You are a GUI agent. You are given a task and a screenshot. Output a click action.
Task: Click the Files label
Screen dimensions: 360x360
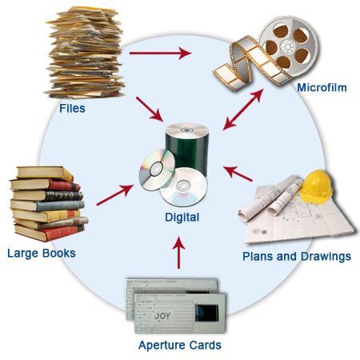[73, 107]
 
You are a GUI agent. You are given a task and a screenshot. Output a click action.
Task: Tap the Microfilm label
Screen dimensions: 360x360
[321, 87]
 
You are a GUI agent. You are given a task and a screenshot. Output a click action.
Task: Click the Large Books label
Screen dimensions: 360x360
[41, 254]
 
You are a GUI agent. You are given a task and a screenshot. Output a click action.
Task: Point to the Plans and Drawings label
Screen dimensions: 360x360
[296, 257]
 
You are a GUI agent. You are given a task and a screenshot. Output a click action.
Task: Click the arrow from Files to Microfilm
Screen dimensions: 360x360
[160, 54]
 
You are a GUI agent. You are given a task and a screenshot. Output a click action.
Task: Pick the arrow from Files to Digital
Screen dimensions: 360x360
[152, 111]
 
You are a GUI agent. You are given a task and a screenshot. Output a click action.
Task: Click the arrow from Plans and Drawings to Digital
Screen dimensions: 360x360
[238, 174]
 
